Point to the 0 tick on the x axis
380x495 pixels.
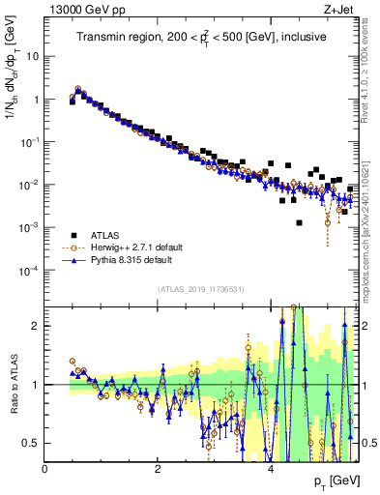pyautogui.click(x=45, y=469)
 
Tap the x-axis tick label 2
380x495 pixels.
pyautogui.click(x=158, y=469)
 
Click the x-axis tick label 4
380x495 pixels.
pyautogui.click(x=271, y=469)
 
